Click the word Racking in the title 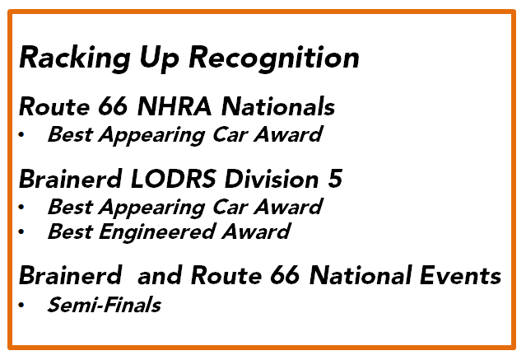75,58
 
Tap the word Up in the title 160,58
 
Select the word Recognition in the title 274,58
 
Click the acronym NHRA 175,107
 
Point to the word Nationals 278,107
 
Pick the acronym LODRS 174,179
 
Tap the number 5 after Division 335,179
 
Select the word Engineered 156,232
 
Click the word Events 460,276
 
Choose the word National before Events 361,276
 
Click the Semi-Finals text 105,305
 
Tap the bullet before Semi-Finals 21,305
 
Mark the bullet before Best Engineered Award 21,231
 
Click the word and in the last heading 160,276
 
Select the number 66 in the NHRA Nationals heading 113,107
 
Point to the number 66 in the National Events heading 285,276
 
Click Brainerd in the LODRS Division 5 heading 71,179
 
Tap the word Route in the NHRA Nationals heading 54,107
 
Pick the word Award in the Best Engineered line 256,232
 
